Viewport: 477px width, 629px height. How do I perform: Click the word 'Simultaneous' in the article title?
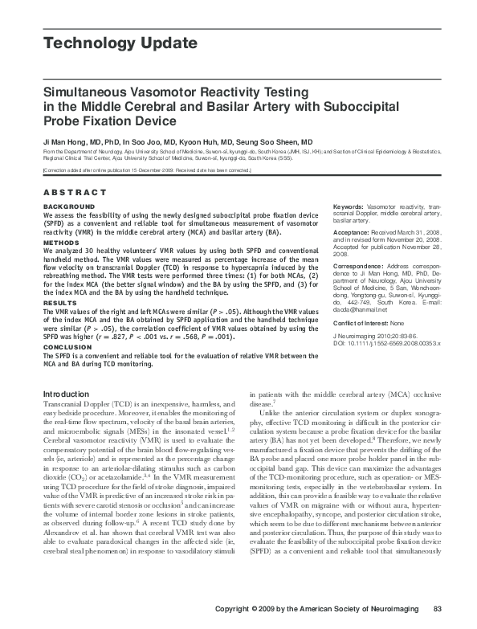tap(88, 93)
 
